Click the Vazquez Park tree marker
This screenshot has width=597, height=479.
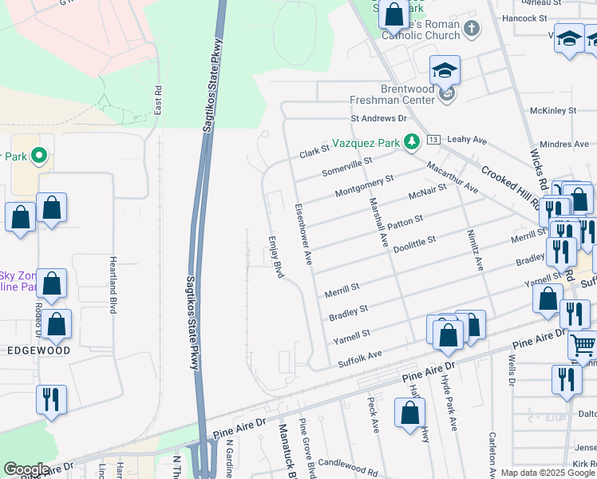point(412,142)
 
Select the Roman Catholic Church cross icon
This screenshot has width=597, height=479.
point(472,30)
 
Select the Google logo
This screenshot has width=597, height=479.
point(26,469)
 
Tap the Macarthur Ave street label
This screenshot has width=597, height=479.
point(452,178)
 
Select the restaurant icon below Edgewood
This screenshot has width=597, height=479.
point(51,398)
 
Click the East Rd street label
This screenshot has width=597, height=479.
point(158,98)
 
